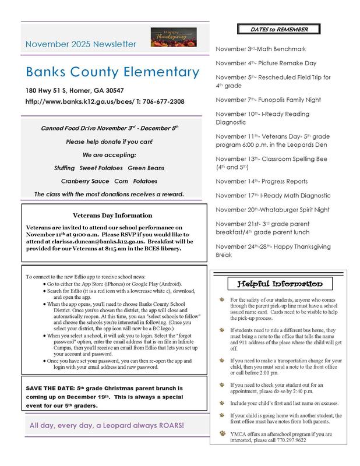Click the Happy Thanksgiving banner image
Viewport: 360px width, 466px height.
(170, 37)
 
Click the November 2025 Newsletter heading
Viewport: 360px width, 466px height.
(82, 44)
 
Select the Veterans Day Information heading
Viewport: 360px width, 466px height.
(113, 215)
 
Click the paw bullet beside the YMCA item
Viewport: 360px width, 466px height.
(221, 434)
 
